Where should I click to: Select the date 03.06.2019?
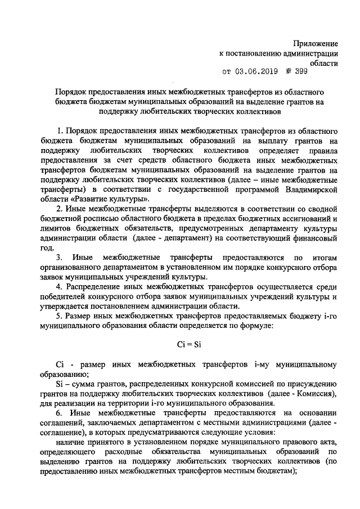(256, 72)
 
